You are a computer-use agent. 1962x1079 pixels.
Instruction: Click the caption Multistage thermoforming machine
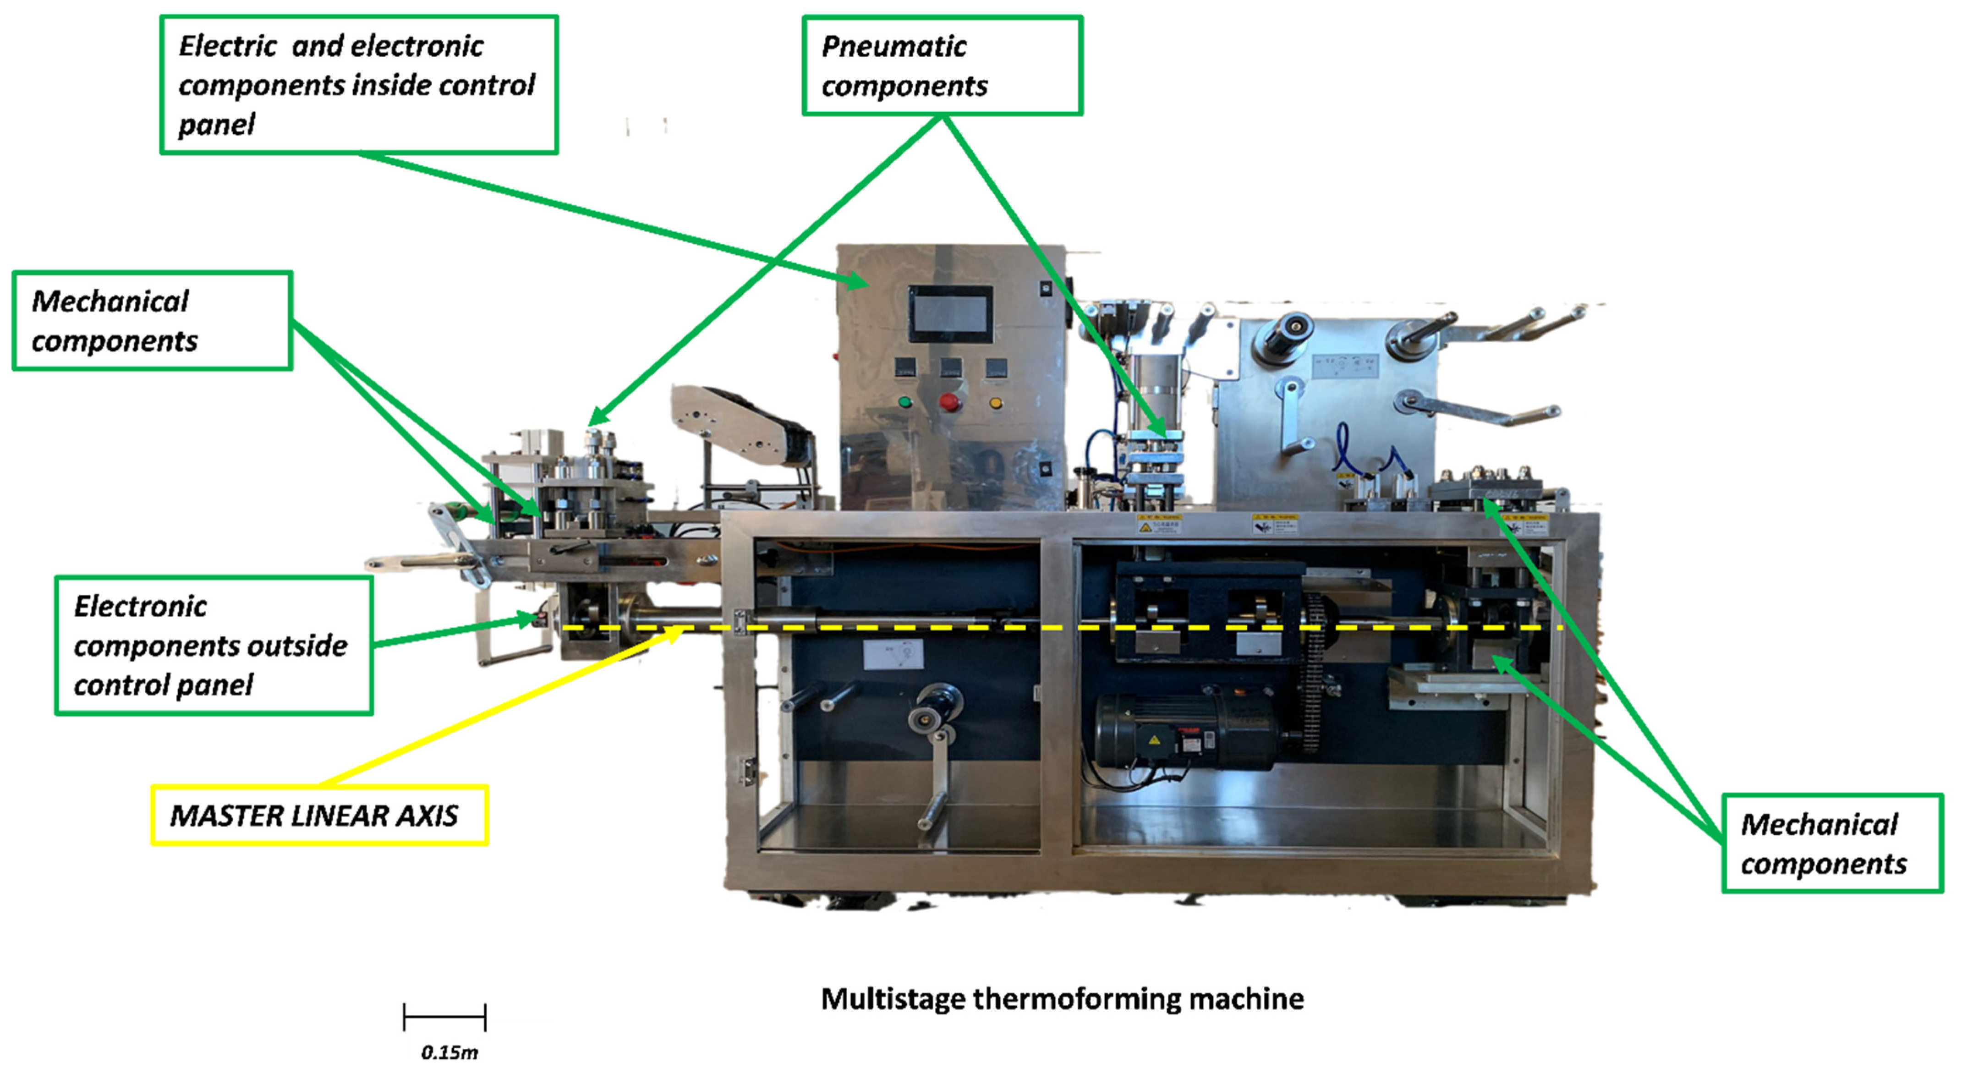[x=1062, y=998]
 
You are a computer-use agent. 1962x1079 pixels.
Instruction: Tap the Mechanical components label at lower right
[x=1832, y=843]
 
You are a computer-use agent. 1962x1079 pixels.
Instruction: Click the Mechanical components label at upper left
[x=152, y=321]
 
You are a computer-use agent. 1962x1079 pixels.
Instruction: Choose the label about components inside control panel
[x=359, y=84]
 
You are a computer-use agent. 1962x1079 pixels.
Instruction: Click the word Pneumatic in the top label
[x=894, y=46]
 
